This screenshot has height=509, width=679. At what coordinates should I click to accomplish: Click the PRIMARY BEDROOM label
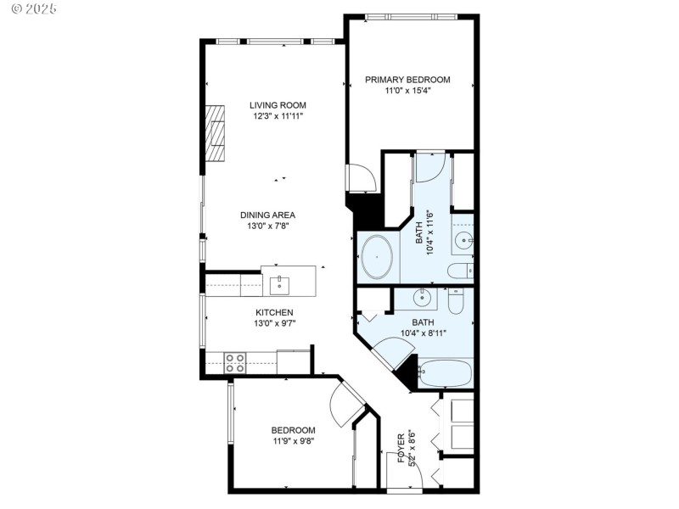click(x=407, y=80)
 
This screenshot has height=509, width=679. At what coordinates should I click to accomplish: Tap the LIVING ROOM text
click(x=278, y=105)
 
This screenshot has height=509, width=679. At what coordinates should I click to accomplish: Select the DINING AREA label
click(x=267, y=215)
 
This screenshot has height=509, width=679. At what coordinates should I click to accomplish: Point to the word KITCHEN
click(x=251, y=312)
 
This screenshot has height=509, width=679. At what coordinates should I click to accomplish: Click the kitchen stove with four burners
click(x=235, y=362)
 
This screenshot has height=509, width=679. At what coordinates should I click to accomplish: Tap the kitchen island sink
click(x=281, y=283)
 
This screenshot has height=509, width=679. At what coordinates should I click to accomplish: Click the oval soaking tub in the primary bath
click(x=376, y=258)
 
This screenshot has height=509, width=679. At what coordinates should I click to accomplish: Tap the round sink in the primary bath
click(x=463, y=241)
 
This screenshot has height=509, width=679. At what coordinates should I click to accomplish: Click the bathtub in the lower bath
click(x=446, y=374)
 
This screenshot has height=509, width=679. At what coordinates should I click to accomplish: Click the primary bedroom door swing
click(x=360, y=178)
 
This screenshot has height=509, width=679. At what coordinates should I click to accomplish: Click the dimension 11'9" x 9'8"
click(x=294, y=441)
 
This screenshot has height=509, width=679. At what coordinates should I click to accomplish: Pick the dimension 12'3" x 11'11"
click(x=278, y=116)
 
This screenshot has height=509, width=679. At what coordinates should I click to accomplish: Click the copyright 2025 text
click(x=31, y=8)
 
